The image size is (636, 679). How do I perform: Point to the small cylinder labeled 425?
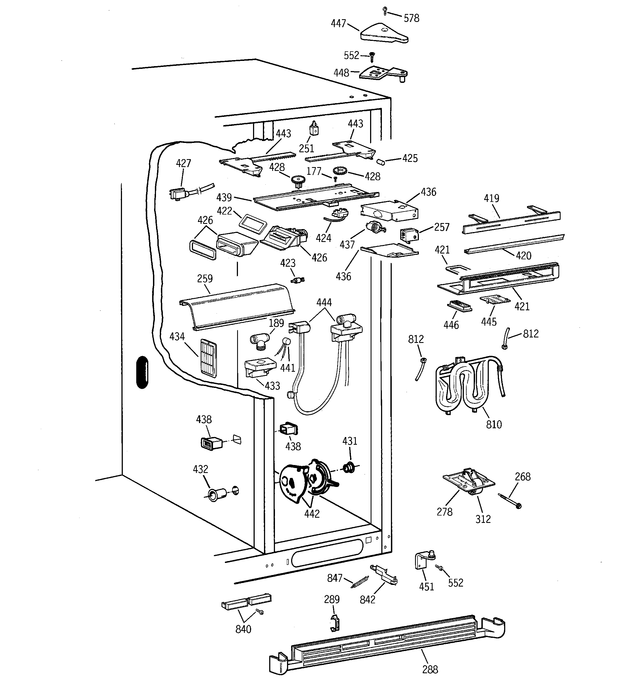click(x=381, y=161)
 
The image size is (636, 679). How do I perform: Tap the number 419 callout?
click(x=491, y=198)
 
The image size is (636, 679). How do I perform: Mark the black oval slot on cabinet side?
click(x=142, y=372)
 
